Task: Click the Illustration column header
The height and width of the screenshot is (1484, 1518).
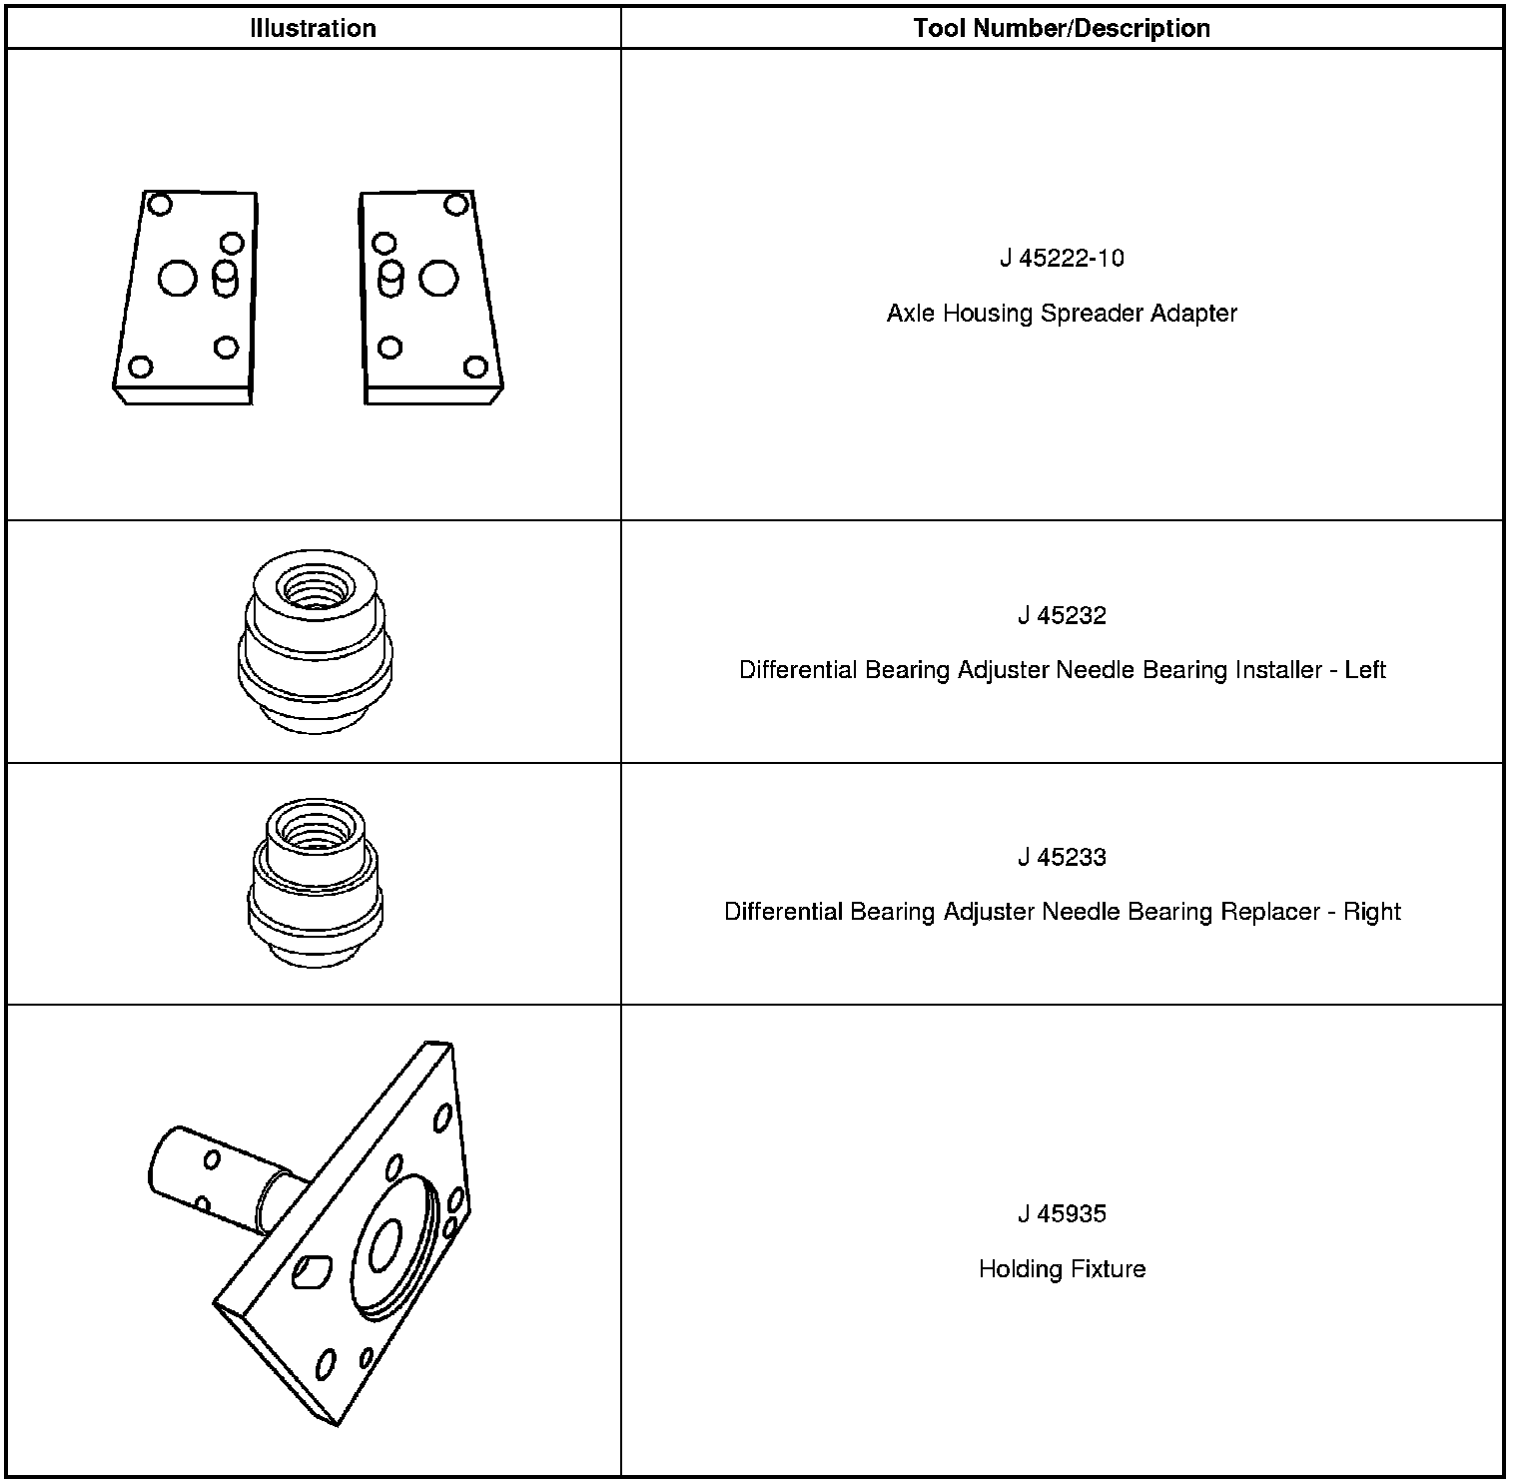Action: pos(313,28)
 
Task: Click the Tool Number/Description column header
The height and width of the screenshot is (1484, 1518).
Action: pos(1061,28)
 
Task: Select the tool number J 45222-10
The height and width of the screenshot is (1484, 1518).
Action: pos(1061,259)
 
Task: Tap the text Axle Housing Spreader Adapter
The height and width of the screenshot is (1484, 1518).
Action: pos(1061,314)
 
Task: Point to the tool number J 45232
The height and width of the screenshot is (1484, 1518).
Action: pos(1061,616)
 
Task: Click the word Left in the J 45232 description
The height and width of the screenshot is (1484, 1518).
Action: pos(1364,670)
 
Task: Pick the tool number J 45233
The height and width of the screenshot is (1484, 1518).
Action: pos(1061,858)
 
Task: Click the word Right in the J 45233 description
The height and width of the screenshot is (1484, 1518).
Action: pos(1371,912)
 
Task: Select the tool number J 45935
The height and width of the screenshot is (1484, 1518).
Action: pos(1061,1214)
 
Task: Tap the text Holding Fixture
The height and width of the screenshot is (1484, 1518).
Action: pos(1061,1269)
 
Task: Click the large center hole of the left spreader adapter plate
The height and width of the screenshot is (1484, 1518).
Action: pos(178,279)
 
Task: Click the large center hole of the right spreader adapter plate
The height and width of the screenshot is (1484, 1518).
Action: pos(438,279)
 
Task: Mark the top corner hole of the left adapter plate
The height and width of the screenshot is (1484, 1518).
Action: pos(160,205)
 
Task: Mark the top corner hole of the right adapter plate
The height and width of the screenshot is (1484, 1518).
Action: pos(456,205)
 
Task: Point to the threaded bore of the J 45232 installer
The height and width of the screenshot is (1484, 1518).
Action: pos(314,588)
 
